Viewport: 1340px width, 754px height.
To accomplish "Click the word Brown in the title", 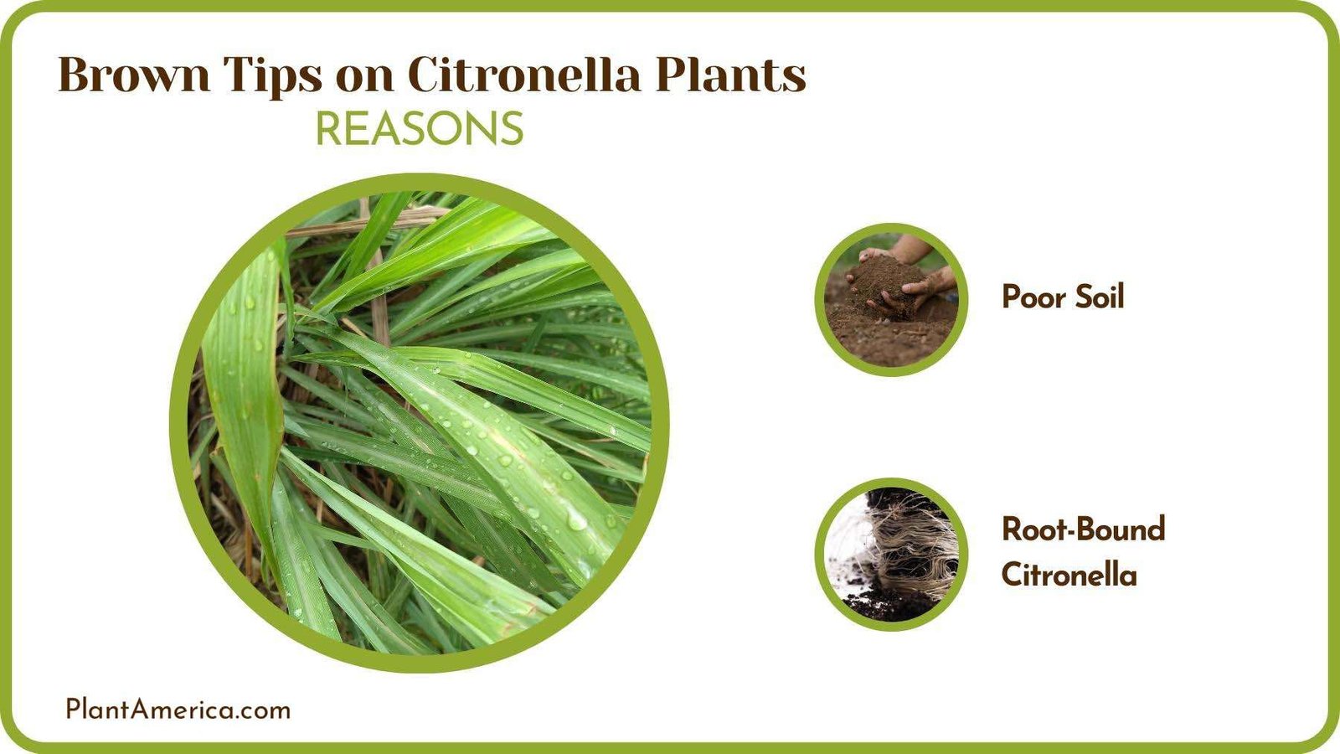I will (134, 75).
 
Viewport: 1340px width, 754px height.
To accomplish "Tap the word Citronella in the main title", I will (523, 75).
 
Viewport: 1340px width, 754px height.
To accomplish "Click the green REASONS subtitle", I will (419, 130).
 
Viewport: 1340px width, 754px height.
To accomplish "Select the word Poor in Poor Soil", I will (1034, 297).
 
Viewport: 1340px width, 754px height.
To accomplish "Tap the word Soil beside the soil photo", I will (1099, 297).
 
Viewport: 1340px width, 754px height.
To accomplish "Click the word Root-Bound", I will (1084, 529).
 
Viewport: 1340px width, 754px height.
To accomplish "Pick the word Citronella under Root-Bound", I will (1069, 575).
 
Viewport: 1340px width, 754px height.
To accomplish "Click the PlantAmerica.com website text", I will (178, 710).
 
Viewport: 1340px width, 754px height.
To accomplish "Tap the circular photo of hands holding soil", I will (891, 299).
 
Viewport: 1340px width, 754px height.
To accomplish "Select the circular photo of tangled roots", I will (891, 554).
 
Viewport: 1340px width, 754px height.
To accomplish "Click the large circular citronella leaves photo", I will (419, 423).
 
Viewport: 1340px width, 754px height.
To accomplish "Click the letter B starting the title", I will (74, 75).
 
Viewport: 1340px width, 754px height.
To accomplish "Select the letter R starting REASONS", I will (328, 130).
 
